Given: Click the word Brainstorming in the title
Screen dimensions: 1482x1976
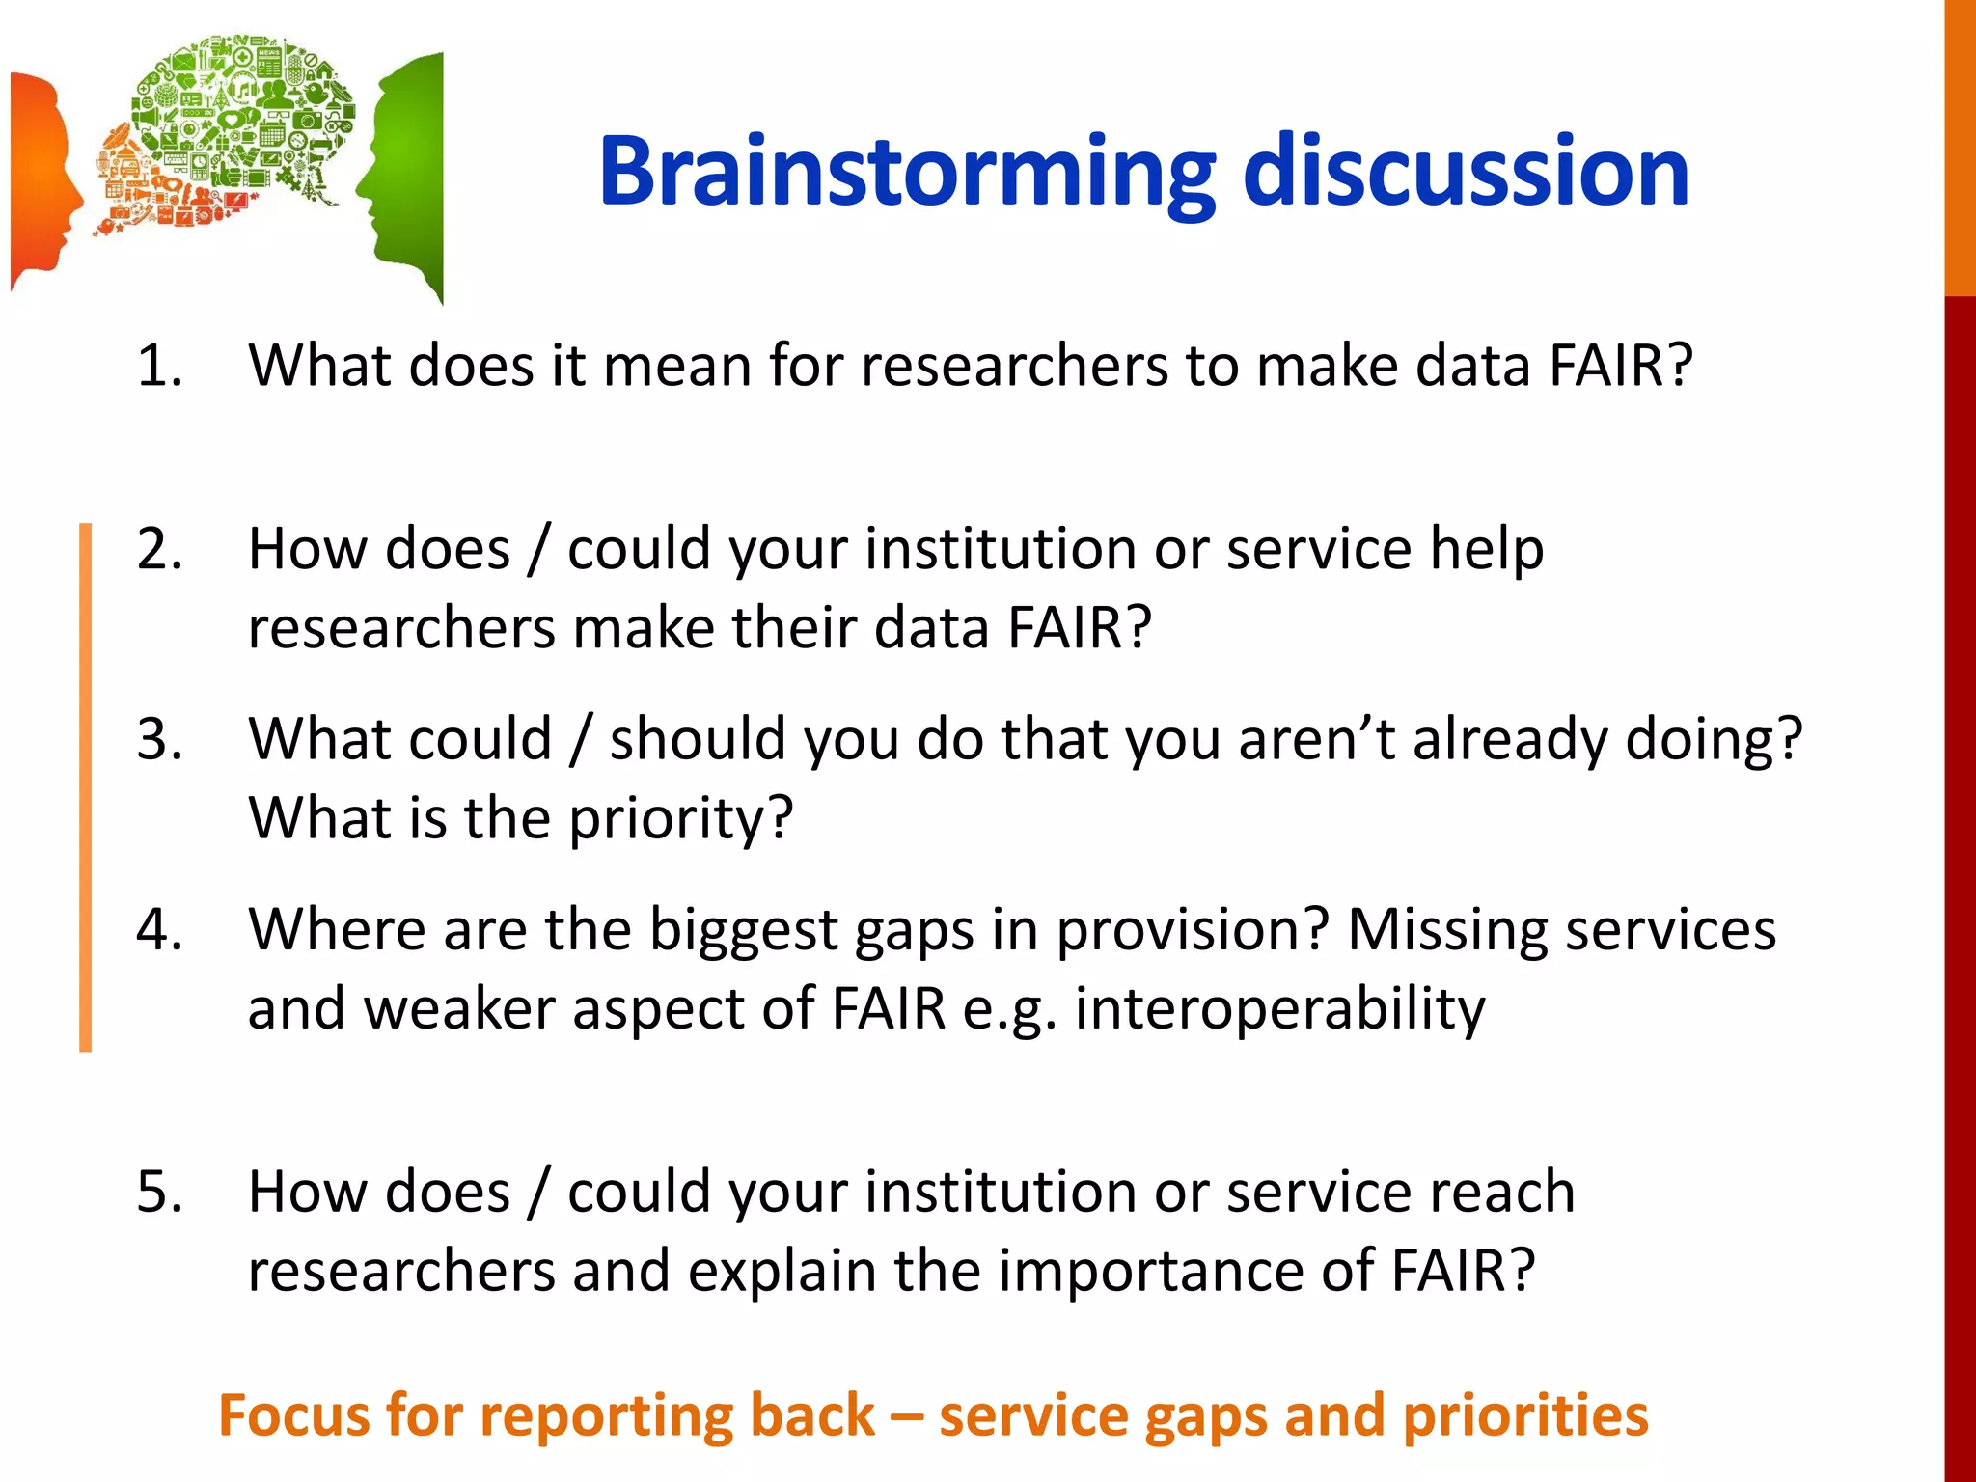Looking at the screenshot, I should click(905, 174).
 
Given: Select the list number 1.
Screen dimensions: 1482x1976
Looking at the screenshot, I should click(159, 367).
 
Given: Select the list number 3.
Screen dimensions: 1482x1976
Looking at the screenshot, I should click(159, 740).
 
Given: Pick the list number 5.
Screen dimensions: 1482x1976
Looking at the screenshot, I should click(159, 1192).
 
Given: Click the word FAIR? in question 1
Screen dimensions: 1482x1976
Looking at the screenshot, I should click(1620, 367).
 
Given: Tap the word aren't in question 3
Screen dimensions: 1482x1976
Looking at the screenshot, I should click(1316, 740).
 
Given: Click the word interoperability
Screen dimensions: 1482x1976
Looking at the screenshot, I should click(1280, 1010).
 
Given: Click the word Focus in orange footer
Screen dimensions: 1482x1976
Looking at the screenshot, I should click(293, 1415).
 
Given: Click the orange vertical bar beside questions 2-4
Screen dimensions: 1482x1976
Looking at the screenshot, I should click(85, 786).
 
